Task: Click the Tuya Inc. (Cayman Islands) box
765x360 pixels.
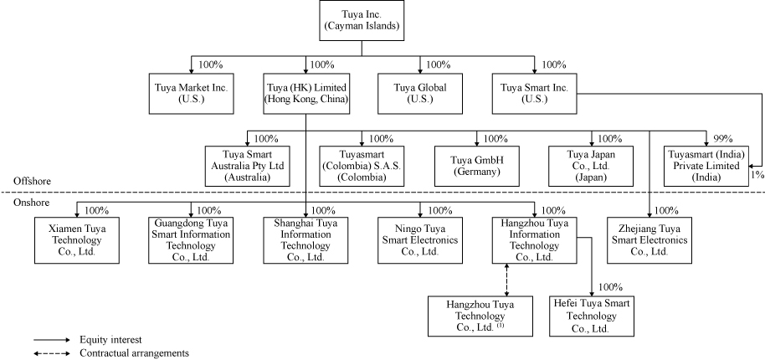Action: click(x=362, y=21)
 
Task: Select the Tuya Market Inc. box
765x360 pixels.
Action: click(x=191, y=93)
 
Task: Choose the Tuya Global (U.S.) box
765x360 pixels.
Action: click(x=420, y=93)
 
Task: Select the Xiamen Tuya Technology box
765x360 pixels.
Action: click(x=76, y=240)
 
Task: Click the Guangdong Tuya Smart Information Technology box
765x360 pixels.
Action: click(x=191, y=240)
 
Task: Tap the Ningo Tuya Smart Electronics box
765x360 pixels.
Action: click(x=420, y=240)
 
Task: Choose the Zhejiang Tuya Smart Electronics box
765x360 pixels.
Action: click(x=649, y=240)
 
